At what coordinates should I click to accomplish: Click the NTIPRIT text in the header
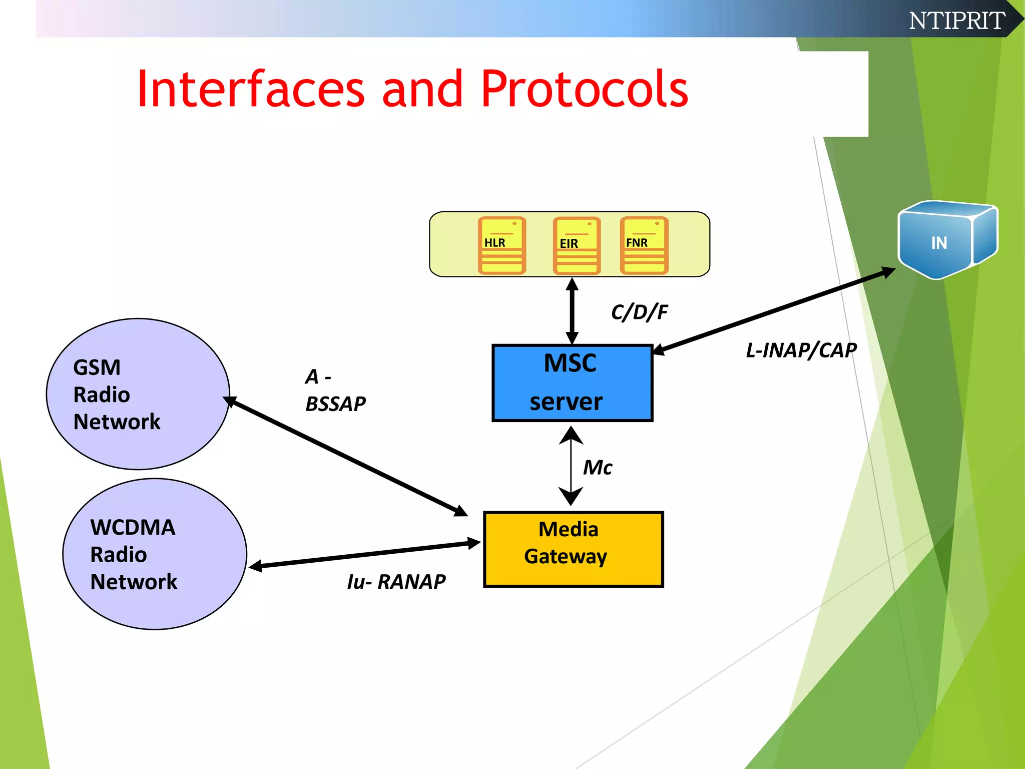tap(956, 21)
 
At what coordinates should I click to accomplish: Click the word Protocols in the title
tap(584, 89)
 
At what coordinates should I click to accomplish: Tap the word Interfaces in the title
tap(250, 89)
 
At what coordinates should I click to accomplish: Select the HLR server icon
tap(501, 245)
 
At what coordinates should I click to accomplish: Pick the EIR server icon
tap(577, 246)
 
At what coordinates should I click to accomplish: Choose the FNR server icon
tap(644, 245)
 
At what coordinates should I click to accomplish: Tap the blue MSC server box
tap(572, 383)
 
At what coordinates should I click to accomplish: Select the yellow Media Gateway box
tap(573, 549)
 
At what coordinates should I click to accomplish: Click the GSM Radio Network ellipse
tap(138, 394)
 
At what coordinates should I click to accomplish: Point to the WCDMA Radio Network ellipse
tap(155, 554)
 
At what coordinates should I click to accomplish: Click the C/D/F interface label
tap(639, 312)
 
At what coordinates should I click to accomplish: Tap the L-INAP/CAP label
tap(801, 350)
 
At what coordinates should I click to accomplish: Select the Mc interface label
tap(597, 468)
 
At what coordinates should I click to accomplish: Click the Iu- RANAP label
tap(396, 582)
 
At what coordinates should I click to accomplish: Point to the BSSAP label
tap(335, 404)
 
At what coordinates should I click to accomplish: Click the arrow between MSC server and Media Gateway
tap(571, 466)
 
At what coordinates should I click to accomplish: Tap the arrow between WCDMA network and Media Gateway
tap(364, 554)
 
